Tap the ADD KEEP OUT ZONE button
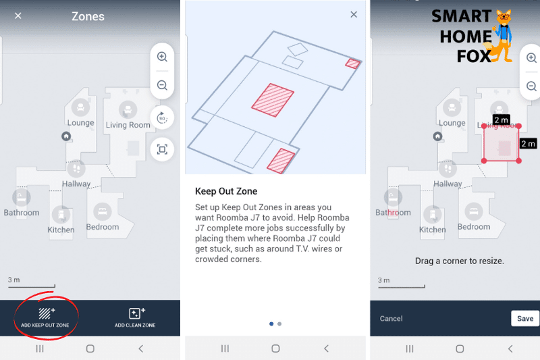[45, 317]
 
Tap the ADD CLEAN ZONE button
[135, 317]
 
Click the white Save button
[524, 318]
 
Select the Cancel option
[391, 318]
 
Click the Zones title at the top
[88, 16]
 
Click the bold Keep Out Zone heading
[226, 191]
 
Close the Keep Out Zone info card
[354, 14]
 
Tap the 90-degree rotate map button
[162, 118]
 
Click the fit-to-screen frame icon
[162, 149]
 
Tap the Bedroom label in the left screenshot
[103, 227]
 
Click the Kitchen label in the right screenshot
[433, 230]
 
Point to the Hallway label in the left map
[76, 184]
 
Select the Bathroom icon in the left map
[22, 197]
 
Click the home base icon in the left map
[66, 136]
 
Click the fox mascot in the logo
[503, 37]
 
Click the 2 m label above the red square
[501, 120]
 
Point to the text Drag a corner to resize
[458, 261]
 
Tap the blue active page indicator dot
[271, 324]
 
